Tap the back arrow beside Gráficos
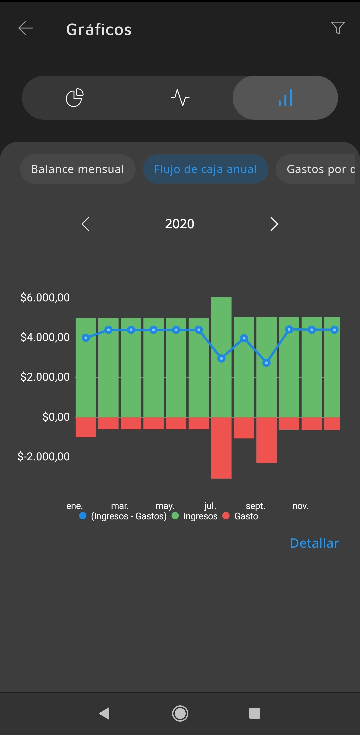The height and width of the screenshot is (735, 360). coord(26,28)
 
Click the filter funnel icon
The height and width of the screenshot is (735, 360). coord(338,28)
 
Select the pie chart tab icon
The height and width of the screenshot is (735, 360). coord(75,98)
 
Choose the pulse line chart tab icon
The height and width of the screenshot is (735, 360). coord(180,98)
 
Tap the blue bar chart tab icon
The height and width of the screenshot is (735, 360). coord(285,98)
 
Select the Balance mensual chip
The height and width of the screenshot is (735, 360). coord(78,169)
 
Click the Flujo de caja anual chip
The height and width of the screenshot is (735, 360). coord(205,169)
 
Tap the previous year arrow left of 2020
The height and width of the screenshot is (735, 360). coord(86,224)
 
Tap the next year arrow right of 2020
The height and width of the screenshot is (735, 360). coord(274,224)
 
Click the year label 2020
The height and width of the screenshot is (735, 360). coord(180,224)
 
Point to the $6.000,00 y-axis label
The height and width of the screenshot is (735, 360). coord(45,298)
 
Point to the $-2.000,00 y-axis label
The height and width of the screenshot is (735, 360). coord(44,457)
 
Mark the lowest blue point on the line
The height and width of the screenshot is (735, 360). coord(266,363)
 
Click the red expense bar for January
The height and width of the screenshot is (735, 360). coord(86,427)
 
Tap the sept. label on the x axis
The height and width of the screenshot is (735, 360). coord(255,506)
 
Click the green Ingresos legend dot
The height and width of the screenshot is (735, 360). coord(175,516)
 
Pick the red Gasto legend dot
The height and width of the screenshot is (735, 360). coord(226,516)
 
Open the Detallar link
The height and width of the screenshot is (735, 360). coord(314,543)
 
